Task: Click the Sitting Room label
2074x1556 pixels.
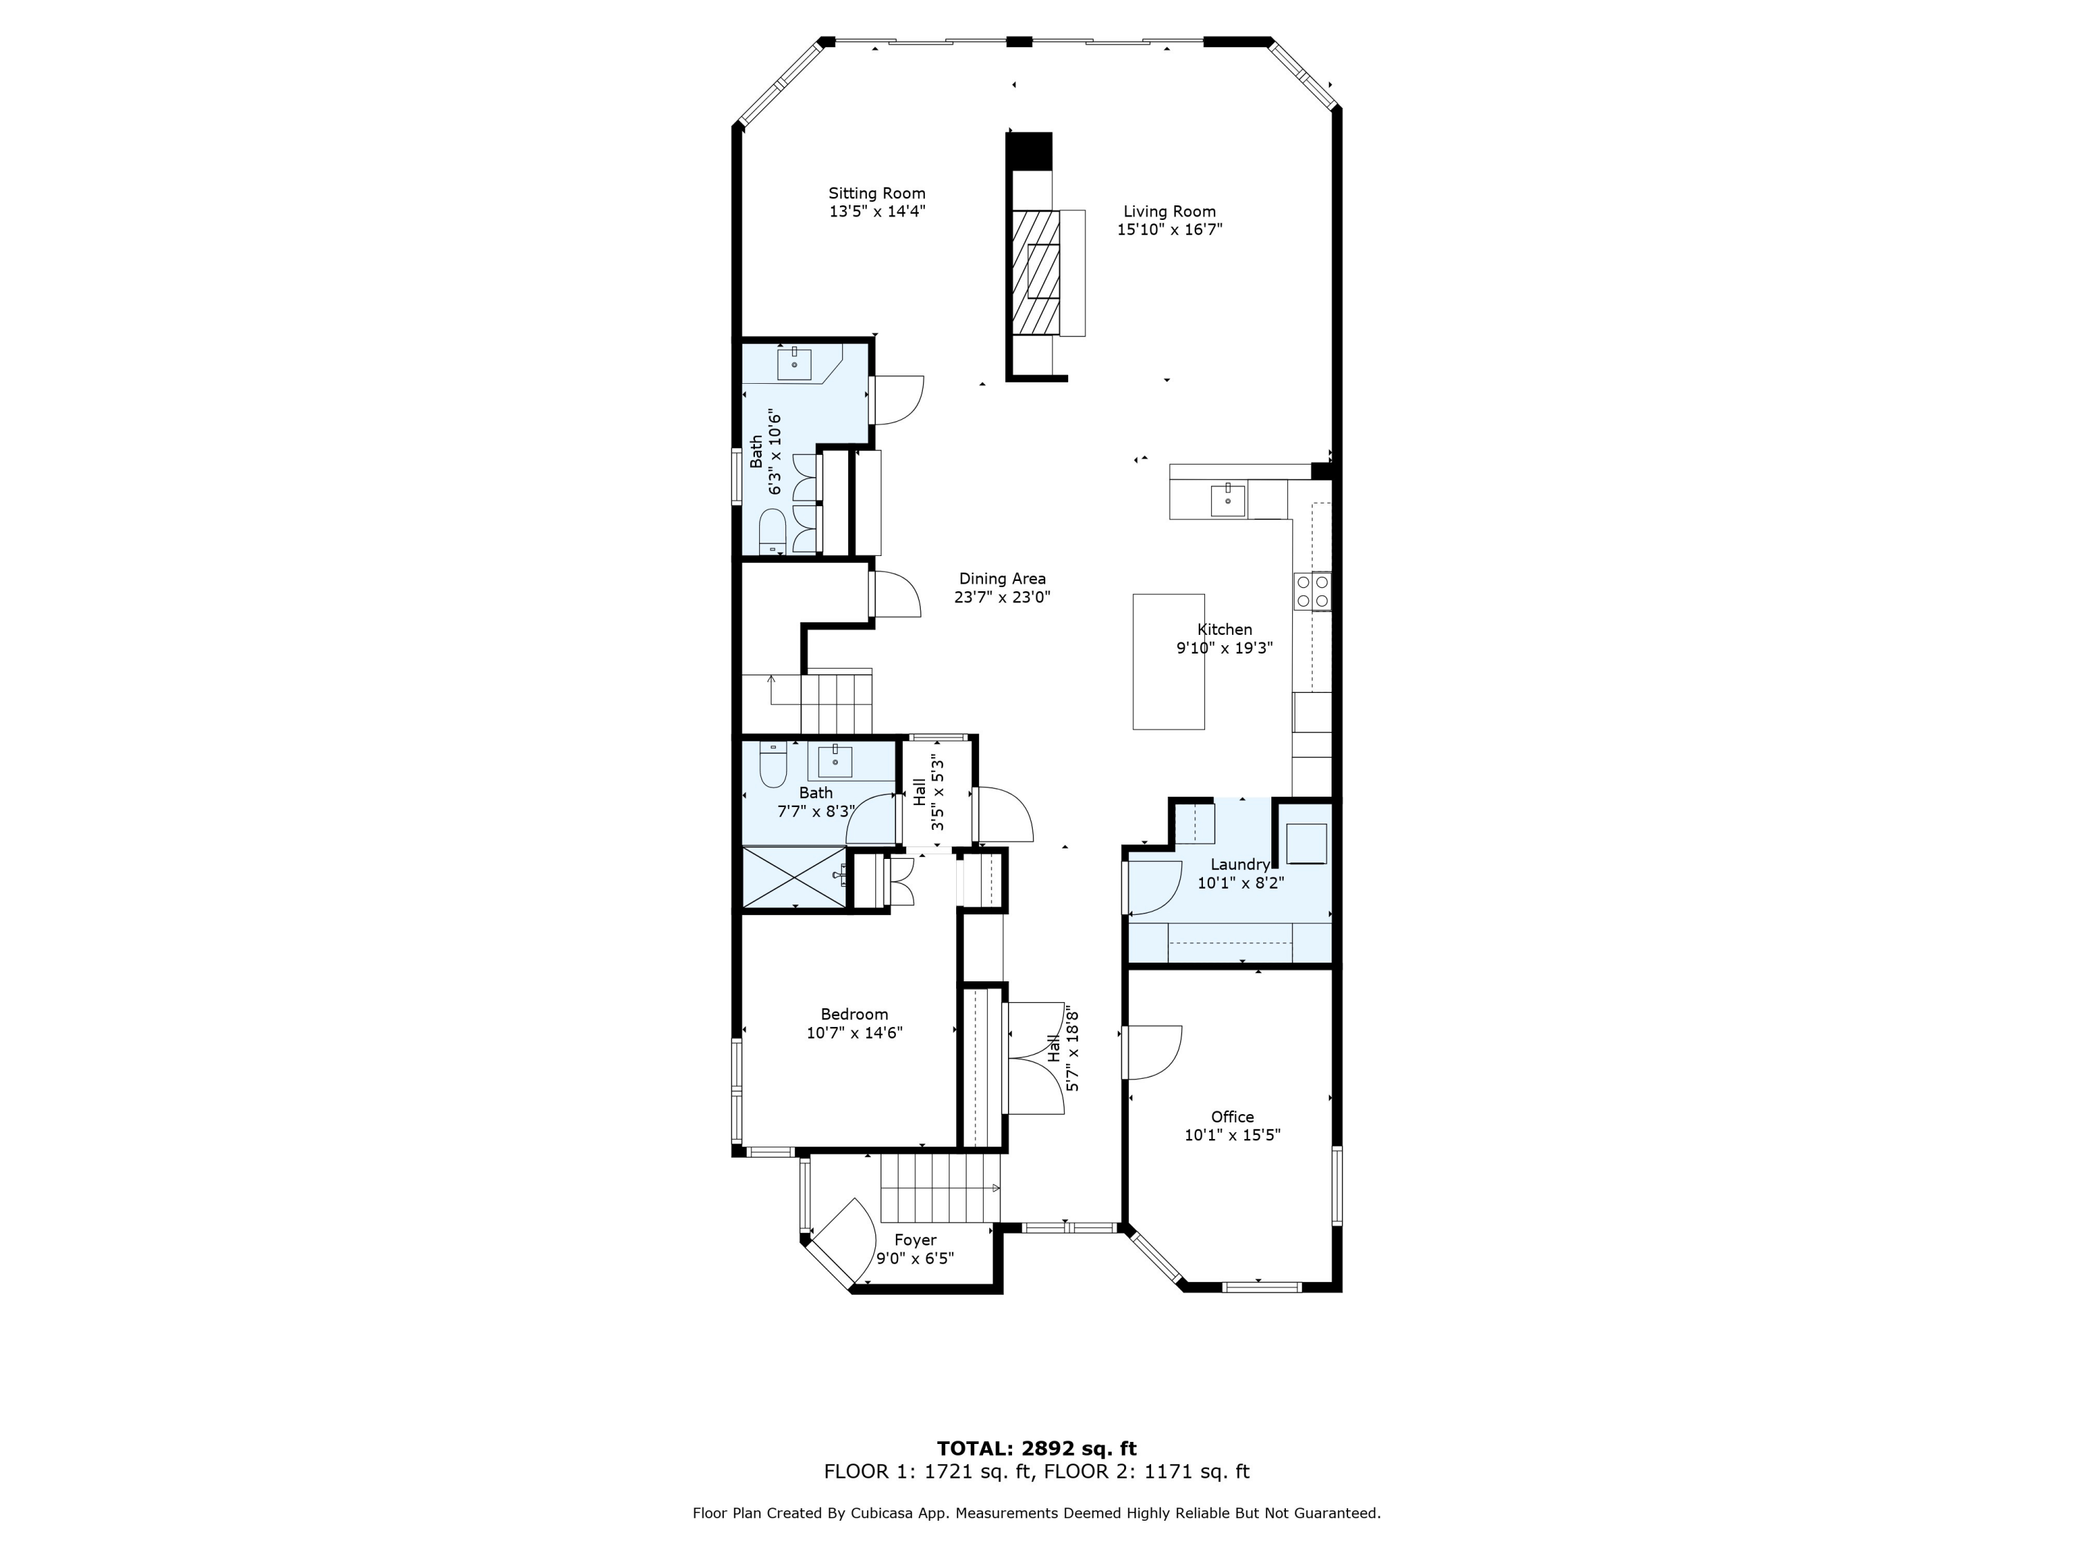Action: [x=876, y=193]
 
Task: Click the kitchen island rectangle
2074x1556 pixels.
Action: [x=1168, y=661]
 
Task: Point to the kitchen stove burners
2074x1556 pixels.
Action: [x=1311, y=591]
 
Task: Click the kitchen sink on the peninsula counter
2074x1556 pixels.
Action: [x=1226, y=500]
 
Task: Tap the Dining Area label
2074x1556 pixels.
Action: [x=1001, y=579]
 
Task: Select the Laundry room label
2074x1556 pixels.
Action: [x=1240, y=864]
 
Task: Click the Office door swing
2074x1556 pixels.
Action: [x=1151, y=1050]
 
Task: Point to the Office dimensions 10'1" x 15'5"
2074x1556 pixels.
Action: [x=1232, y=1135]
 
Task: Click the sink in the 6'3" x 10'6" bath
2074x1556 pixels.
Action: [x=794, y=362]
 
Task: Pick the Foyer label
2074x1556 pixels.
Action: [x=915, y=1240]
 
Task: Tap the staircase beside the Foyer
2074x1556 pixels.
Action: [x=937, y=1188]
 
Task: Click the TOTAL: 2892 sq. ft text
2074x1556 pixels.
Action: [x=1036, y=1449]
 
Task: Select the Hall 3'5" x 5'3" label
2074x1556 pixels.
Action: [x=919, y=792]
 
